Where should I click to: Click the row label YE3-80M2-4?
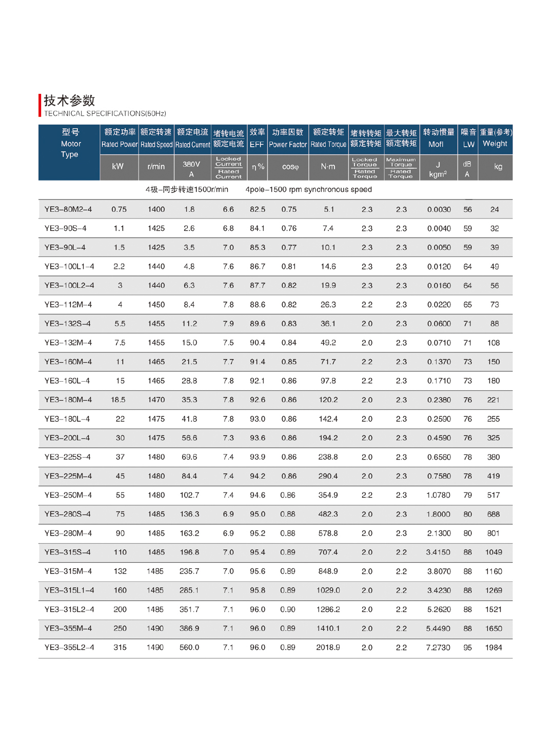point(68,209)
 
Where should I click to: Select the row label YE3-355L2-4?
point(69,647)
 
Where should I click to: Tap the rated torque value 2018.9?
point(328,647)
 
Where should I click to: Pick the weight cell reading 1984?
point(493,647)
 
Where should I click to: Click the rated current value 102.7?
point(189,495)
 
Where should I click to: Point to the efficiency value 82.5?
point(258,209)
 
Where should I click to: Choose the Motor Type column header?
point(70,144)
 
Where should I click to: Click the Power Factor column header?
point(288,138)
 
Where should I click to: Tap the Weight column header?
point(495,138)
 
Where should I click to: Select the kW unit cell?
point(118,167)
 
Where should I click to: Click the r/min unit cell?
point(156,167)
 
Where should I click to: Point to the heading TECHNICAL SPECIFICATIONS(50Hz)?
point(105,113)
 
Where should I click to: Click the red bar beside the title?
point(40,105)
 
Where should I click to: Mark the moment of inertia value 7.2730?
point(438,647)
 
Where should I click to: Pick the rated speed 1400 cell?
point(156,209)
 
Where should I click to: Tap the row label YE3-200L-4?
point(67,438)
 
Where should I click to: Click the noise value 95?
point(467,647)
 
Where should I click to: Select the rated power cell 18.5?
point(118,400)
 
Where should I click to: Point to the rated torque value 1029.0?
point(328,590)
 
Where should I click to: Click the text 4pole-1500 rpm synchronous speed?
point(309,189)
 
